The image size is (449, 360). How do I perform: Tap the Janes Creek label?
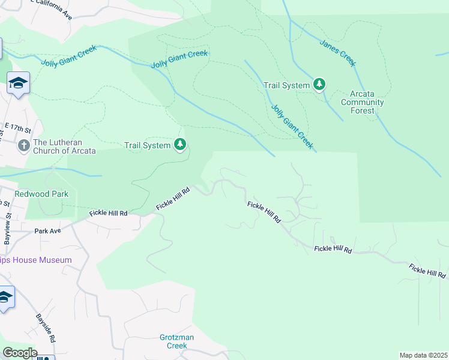coord(338,53)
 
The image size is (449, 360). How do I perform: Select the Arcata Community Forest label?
coord(363,102)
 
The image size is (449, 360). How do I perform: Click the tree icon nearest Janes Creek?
coord(320,85)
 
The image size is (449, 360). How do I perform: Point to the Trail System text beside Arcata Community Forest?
coord(287,85)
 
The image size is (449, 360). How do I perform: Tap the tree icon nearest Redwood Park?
coord(180,145)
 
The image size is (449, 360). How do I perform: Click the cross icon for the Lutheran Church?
coord(23,145)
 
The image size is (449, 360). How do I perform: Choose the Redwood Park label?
coord(41,194)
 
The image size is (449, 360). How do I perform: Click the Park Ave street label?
coord(48,230)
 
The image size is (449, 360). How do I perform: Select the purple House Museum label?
coord(36,260)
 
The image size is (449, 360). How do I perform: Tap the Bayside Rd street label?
coord(45,327)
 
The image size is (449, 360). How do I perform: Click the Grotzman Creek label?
coord(177,341)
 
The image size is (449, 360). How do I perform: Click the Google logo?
coord(19,353)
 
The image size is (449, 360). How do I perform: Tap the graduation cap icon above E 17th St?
coord(18,83)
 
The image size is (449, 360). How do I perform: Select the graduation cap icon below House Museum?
coord(5,297)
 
